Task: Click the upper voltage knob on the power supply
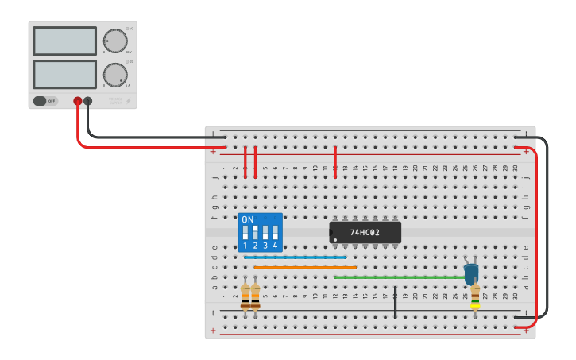tap(114, 41)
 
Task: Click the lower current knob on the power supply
tap(114, 75)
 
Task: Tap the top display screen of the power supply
tap(64, 41)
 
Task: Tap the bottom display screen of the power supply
tap(64, 75)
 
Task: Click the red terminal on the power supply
tap(78, 101)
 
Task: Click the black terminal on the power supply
tap(87, 101)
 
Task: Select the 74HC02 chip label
tap(365, 233)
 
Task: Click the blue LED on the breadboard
tap(471, 273)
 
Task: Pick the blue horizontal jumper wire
tap(295, 257)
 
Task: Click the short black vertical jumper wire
tap(395, 302)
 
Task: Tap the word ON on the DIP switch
tap(247, 219)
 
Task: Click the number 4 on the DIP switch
tap(275, 246)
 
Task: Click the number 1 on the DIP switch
tap(245, 246)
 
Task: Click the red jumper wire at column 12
tap(335, 161)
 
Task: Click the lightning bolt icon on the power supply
tap(130, 101)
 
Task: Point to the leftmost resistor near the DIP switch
tap(245, 296)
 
